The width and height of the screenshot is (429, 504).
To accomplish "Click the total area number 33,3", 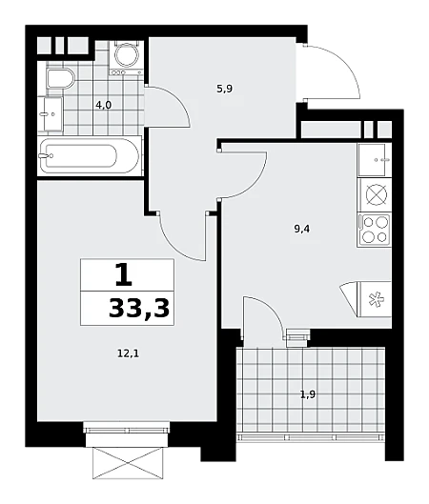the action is [139, 309].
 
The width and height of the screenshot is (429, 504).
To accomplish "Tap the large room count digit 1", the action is [124, 274].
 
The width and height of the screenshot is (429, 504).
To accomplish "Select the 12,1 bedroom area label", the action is [128, 354].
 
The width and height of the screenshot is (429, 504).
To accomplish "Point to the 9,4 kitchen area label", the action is [301, 229].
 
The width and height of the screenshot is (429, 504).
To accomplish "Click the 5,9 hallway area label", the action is [224, 89].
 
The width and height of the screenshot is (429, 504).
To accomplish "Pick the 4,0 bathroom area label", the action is [104, 105].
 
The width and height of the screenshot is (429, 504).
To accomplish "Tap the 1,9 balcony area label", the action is [308, 394].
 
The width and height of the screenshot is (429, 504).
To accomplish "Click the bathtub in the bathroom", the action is [90, 156].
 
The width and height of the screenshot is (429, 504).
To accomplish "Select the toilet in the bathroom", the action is [60, 78].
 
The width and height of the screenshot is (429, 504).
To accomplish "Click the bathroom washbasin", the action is [52, 114].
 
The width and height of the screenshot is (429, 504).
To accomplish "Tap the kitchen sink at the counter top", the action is [374, 159].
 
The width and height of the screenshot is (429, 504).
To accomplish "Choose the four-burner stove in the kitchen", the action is [375, 230].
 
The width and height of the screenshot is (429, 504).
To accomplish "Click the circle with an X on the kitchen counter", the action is [377, 194].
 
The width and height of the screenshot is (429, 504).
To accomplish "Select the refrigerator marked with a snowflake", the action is [374, 299].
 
